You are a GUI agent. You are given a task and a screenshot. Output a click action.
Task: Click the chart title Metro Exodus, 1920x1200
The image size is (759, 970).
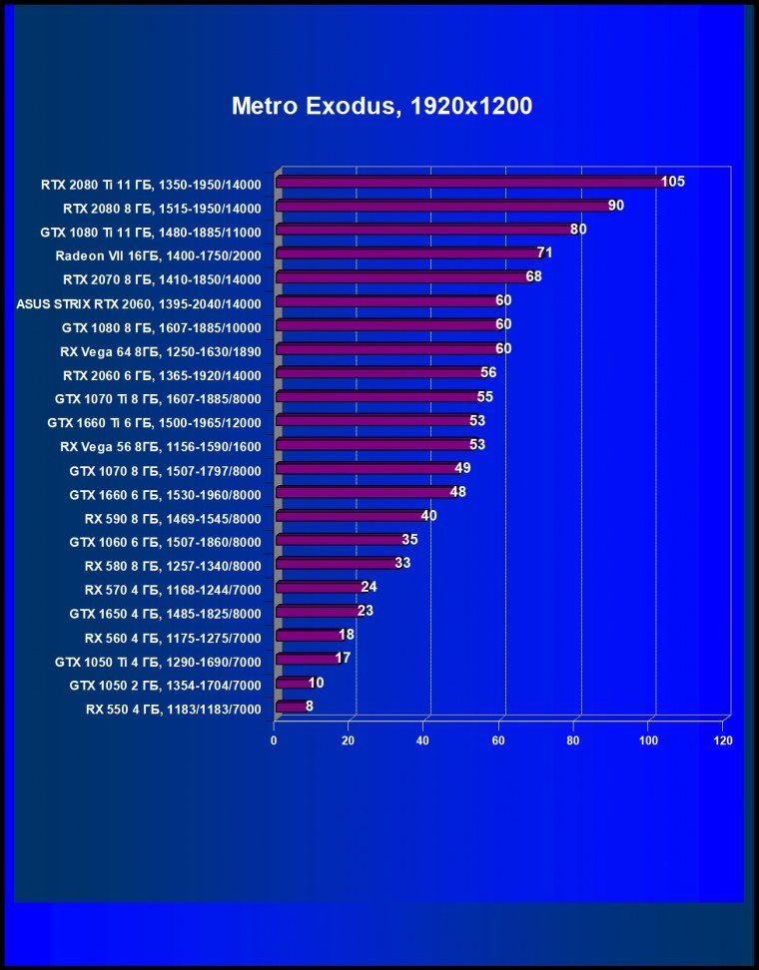click(381, 106)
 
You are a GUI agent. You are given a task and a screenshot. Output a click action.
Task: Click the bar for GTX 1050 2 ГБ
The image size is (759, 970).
click(292, 684)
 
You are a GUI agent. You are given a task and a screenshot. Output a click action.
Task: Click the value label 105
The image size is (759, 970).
click(672, 182)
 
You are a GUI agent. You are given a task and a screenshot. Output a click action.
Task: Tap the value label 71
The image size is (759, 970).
click(544, 253)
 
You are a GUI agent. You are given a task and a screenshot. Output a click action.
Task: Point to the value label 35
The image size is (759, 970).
click(409, 540)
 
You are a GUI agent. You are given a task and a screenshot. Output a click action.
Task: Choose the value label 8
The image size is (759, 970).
click(310, 707)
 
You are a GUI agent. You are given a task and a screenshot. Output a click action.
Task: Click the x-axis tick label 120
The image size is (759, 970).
click(723, 740)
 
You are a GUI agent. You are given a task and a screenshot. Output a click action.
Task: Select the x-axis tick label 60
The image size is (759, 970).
click(498, 740)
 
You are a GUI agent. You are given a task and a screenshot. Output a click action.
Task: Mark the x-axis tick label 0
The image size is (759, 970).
click(274, 740)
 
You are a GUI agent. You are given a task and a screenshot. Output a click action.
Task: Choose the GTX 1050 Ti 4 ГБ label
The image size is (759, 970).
click(158, 662)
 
